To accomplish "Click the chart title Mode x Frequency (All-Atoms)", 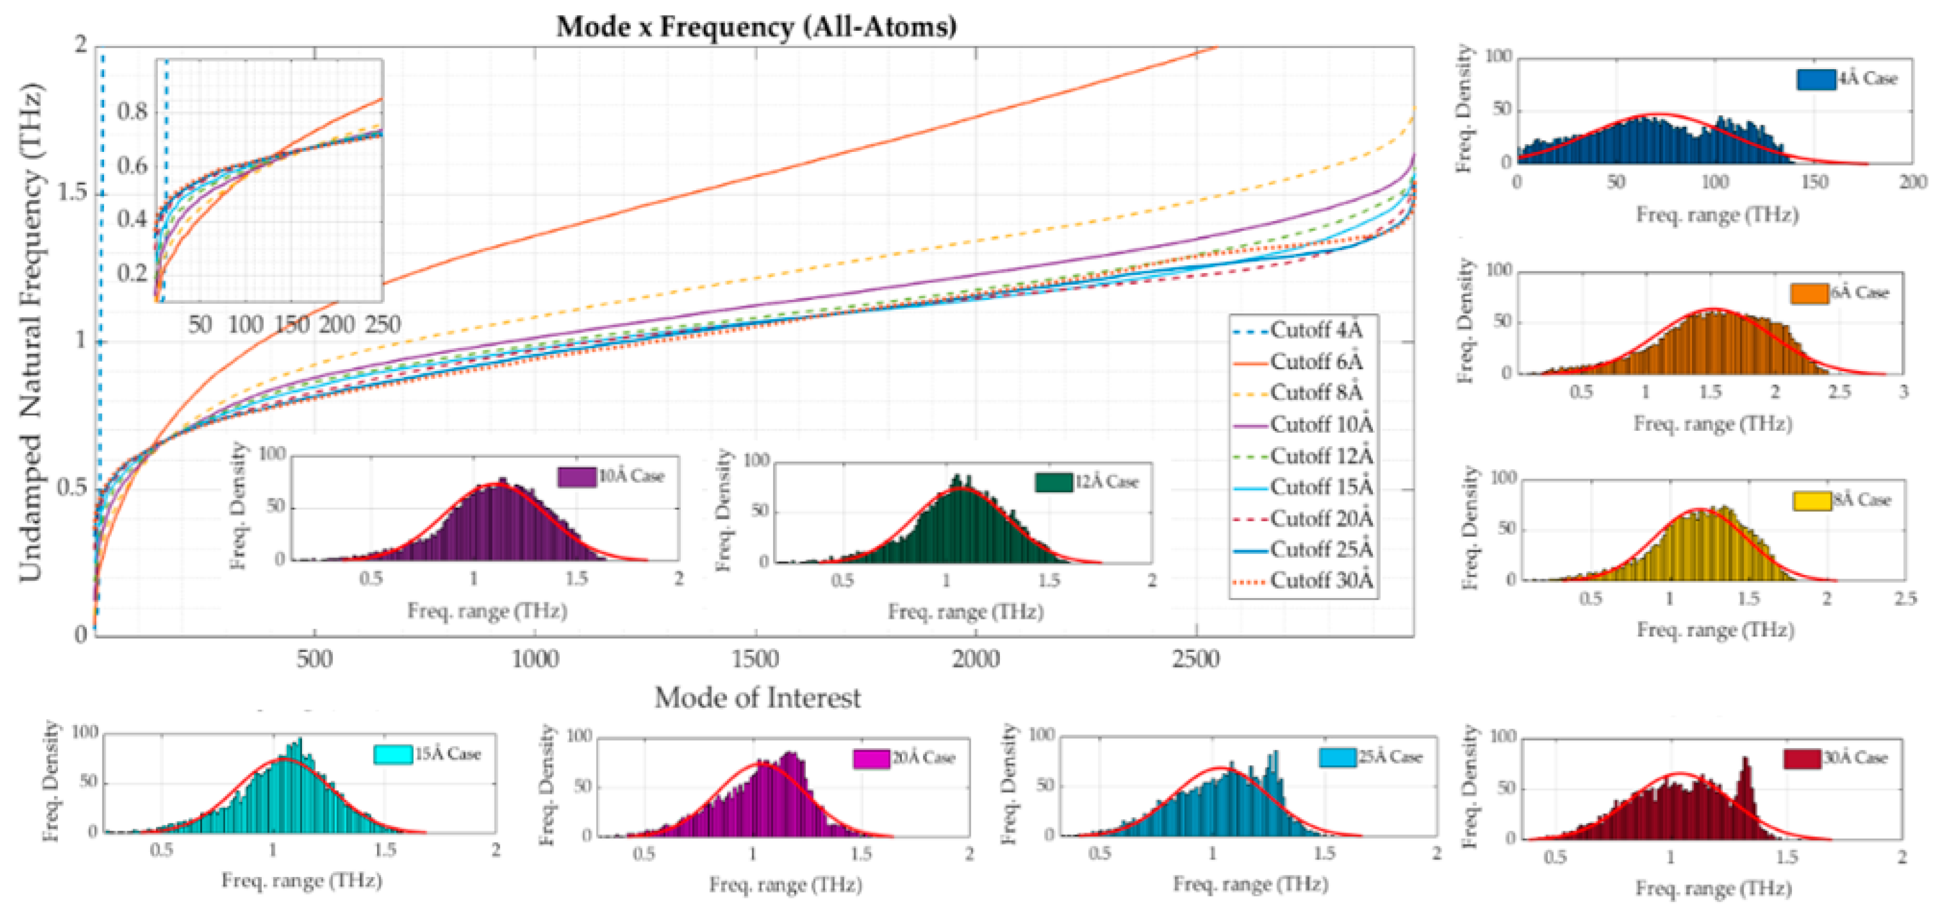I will [756, 27].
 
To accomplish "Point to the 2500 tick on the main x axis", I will [1196, 659].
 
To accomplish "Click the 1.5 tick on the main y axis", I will [72, 192].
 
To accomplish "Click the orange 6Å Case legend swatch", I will [1808, 293].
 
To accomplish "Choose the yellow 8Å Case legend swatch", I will [1811, 501].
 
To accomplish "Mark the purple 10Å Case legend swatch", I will [576, 476].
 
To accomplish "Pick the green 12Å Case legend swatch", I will [1053, 482].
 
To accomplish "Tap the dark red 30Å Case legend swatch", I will [1802, 758].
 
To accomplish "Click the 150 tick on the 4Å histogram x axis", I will [1814, 181].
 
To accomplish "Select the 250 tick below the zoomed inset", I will [382, 325].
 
